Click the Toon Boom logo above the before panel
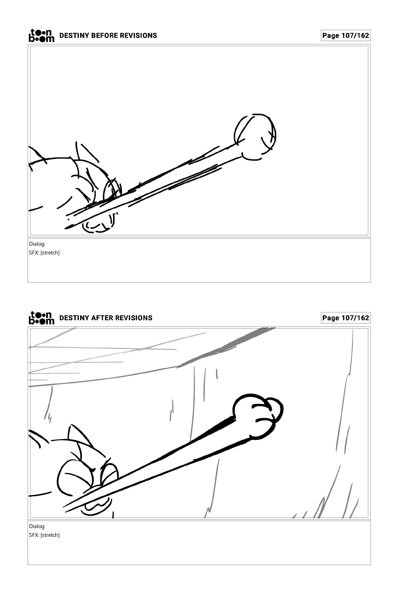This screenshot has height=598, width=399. pyautogui.click(x=42, y=35)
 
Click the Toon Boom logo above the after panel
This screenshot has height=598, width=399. pyautogui.click(x=42, y=318)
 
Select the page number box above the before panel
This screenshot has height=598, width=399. pyautogui.click(x=346, y=35)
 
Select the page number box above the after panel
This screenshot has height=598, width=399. pyautogui.click(x=346, y=318)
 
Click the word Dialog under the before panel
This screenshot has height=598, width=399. pyautogui.click(x=37, y=244)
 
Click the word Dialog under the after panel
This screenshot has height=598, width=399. pyautogui.click(x=37, y=526)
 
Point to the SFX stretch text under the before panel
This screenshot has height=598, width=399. pyautogui.click(x=44, y=253)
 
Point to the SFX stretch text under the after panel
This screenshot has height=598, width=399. pyautogui.click(x=44, y=535)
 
